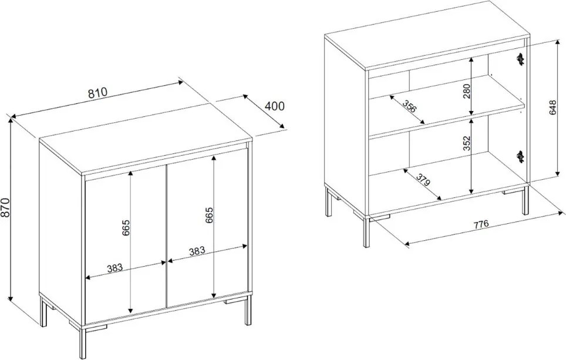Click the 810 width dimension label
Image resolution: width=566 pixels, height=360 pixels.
(98, 92)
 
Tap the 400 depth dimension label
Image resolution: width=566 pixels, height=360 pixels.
(275, 106)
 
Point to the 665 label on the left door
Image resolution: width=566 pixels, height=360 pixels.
(126, 227)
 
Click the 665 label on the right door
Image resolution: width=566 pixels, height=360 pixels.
(210, 216)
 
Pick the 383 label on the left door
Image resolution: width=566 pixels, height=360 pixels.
(115, 268)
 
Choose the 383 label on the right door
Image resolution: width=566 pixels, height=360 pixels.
(197, 251)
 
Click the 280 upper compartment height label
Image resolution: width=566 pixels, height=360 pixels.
(467, 92)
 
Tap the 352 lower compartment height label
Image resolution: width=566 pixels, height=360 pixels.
(467, 143)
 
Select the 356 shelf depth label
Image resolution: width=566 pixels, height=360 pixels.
(409, 106)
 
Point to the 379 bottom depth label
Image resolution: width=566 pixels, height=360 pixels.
(423, 180)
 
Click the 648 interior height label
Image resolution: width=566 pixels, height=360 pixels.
(552, 107)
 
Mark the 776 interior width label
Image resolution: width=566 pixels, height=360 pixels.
(481, 224)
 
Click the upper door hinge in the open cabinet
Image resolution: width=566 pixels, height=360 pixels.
(520, 59)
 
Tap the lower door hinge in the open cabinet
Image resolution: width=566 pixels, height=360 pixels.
(520, 156)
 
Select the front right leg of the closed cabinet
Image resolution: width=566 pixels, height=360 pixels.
(248, 311)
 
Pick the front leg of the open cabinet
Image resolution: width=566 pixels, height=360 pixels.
(367, 233)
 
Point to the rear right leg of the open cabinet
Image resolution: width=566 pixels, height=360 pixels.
(525, 200)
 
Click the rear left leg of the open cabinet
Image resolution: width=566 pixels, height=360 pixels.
(328, 201)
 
